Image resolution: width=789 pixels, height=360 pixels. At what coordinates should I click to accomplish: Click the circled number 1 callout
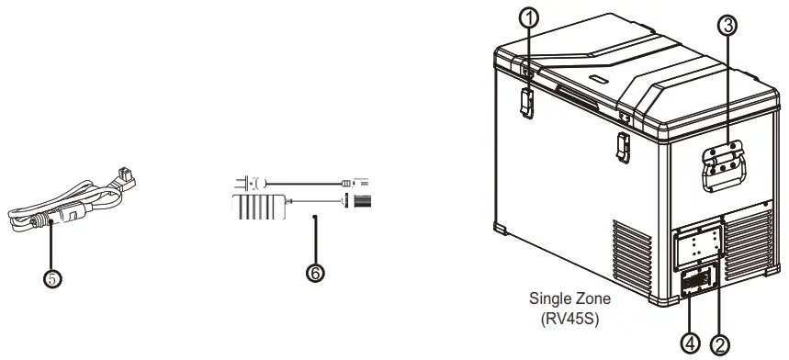527,16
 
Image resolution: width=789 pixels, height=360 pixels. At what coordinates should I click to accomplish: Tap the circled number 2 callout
721,344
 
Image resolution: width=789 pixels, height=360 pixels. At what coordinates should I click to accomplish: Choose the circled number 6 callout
316,274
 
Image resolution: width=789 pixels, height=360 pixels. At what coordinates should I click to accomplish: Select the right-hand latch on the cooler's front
622,143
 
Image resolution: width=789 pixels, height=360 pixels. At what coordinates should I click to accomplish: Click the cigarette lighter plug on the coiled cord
41,221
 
